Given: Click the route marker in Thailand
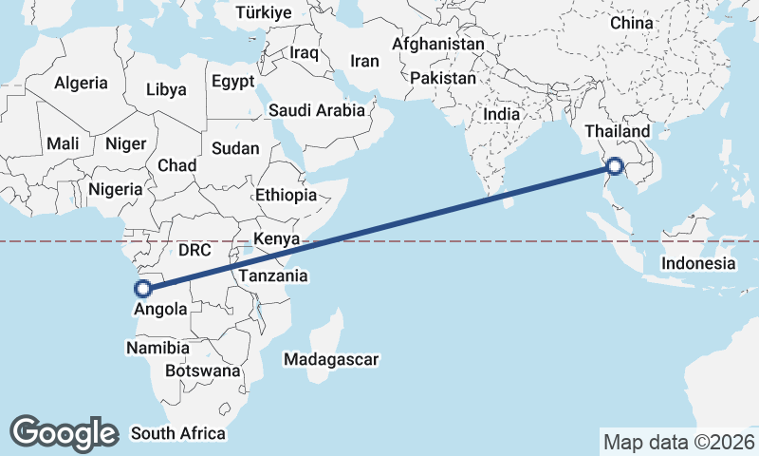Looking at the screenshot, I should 615,166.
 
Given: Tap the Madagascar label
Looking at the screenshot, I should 331,360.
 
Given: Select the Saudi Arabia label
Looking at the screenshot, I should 316,110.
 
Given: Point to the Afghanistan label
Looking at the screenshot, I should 437,45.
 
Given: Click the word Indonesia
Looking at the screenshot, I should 698,263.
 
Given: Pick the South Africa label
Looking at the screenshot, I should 178,433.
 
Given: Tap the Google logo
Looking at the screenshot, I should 64,432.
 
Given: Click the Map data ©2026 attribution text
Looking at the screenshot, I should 678,442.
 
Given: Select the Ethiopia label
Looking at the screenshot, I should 286,195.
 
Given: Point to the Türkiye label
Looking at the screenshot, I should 266,13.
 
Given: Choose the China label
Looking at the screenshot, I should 632,22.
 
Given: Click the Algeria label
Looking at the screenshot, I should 81,84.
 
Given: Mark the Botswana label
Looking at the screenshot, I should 202,370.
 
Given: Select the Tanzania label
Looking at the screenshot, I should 273,275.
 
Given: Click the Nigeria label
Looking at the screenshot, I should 115,189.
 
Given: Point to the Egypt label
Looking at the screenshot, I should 233,82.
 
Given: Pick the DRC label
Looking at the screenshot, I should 194,250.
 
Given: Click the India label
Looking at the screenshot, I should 501,114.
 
